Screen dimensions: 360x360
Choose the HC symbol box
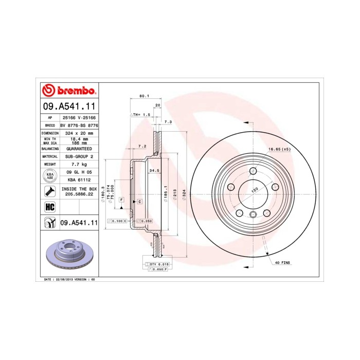coord(50,207)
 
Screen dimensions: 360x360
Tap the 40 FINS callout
coord(282,262)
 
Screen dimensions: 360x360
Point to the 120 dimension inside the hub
coord(254,190)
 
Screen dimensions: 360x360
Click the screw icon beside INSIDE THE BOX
coord(50,192)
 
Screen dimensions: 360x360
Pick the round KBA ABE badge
coord(50,176)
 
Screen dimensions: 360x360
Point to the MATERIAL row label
coord(50,156)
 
